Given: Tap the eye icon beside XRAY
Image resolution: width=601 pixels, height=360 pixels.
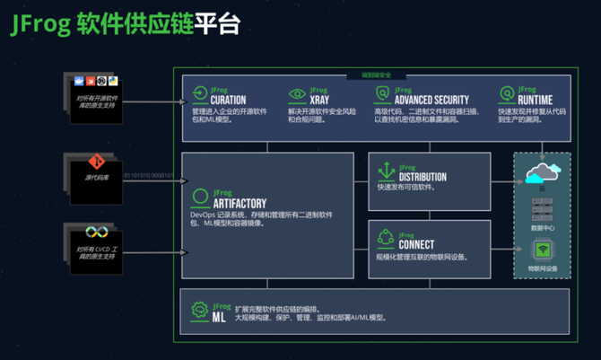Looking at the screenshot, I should (x=296, y=93).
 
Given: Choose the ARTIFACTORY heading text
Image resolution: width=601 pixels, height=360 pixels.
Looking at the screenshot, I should (x=239, y=203).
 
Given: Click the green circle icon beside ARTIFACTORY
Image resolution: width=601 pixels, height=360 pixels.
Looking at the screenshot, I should (x=199, y=197).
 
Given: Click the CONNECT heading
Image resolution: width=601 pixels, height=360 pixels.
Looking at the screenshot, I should (x=417, y=244).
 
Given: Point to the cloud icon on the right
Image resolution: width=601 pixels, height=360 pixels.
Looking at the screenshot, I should (x=542, y=171).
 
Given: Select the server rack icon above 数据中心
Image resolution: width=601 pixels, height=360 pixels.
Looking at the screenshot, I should (x=542, y=211).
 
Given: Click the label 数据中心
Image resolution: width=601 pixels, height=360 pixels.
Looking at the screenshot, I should (x=542, y=229).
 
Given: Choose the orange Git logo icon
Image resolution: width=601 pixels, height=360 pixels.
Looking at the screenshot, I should (x=99, y=162).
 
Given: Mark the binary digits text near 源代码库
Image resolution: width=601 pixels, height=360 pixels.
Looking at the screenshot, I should (x=149, y=175).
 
